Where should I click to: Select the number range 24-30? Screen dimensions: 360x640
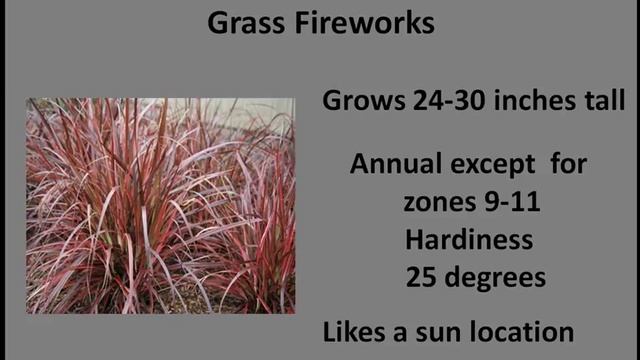click(442, 100)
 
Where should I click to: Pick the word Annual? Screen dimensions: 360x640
click(395, 165)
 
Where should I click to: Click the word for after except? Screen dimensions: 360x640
click(569, 165)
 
